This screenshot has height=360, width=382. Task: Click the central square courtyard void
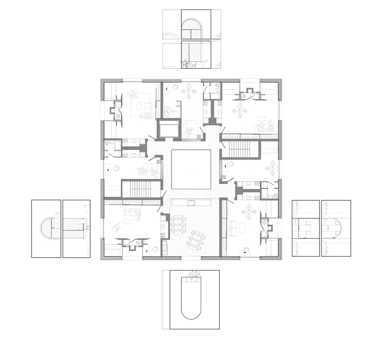191,169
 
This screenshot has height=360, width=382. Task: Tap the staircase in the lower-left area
140,188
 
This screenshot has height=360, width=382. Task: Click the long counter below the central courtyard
191,202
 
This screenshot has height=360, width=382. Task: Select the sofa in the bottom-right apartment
234,228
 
